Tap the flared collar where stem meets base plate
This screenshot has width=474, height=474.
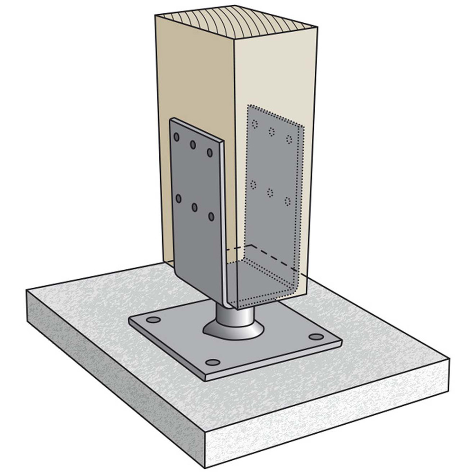[x=232, y=330]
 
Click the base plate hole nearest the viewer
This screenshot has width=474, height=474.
[x=213, y=363]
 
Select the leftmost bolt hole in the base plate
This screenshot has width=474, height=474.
[x=153, y=320]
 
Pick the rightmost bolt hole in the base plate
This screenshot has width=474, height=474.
[x=316, y=337]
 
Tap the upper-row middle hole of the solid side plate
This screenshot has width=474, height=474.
[x=193, y=145]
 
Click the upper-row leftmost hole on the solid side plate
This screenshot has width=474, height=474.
[x=176, y=137]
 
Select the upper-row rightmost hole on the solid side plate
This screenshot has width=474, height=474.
[x=210, y=153]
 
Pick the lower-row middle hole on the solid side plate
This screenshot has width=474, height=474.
[x=194, y=207]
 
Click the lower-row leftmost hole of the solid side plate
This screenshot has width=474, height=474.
[x=178, y=199]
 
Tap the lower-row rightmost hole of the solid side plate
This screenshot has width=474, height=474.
[x=211, y=217]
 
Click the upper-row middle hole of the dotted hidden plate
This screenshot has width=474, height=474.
[x=272, y=132]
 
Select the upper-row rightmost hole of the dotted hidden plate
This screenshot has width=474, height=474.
[x=288, y=139]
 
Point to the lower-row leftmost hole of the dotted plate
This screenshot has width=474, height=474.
[x=254, y=184]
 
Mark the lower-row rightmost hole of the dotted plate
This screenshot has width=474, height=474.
[x=287, y=201]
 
